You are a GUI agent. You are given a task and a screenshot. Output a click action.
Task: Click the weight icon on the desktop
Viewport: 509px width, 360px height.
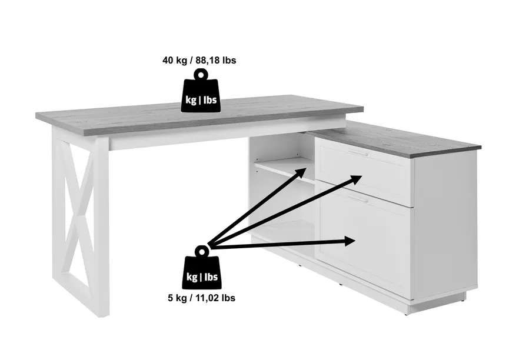201,91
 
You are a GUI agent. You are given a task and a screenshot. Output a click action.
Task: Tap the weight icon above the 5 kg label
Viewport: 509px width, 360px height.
202,267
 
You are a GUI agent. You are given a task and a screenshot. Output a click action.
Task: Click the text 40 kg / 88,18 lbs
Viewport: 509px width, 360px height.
199,61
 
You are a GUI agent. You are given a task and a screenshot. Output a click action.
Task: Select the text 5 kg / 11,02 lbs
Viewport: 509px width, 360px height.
202,298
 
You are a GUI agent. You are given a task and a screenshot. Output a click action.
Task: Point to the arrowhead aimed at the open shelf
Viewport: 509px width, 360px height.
300,173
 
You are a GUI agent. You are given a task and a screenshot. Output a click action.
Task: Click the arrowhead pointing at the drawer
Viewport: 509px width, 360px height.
355,179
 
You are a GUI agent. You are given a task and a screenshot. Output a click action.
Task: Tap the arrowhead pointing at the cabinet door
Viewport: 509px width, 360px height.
350,241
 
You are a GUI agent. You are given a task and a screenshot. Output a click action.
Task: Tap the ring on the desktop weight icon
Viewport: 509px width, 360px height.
201,75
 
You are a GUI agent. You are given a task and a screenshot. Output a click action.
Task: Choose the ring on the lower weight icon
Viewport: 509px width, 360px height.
202,251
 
